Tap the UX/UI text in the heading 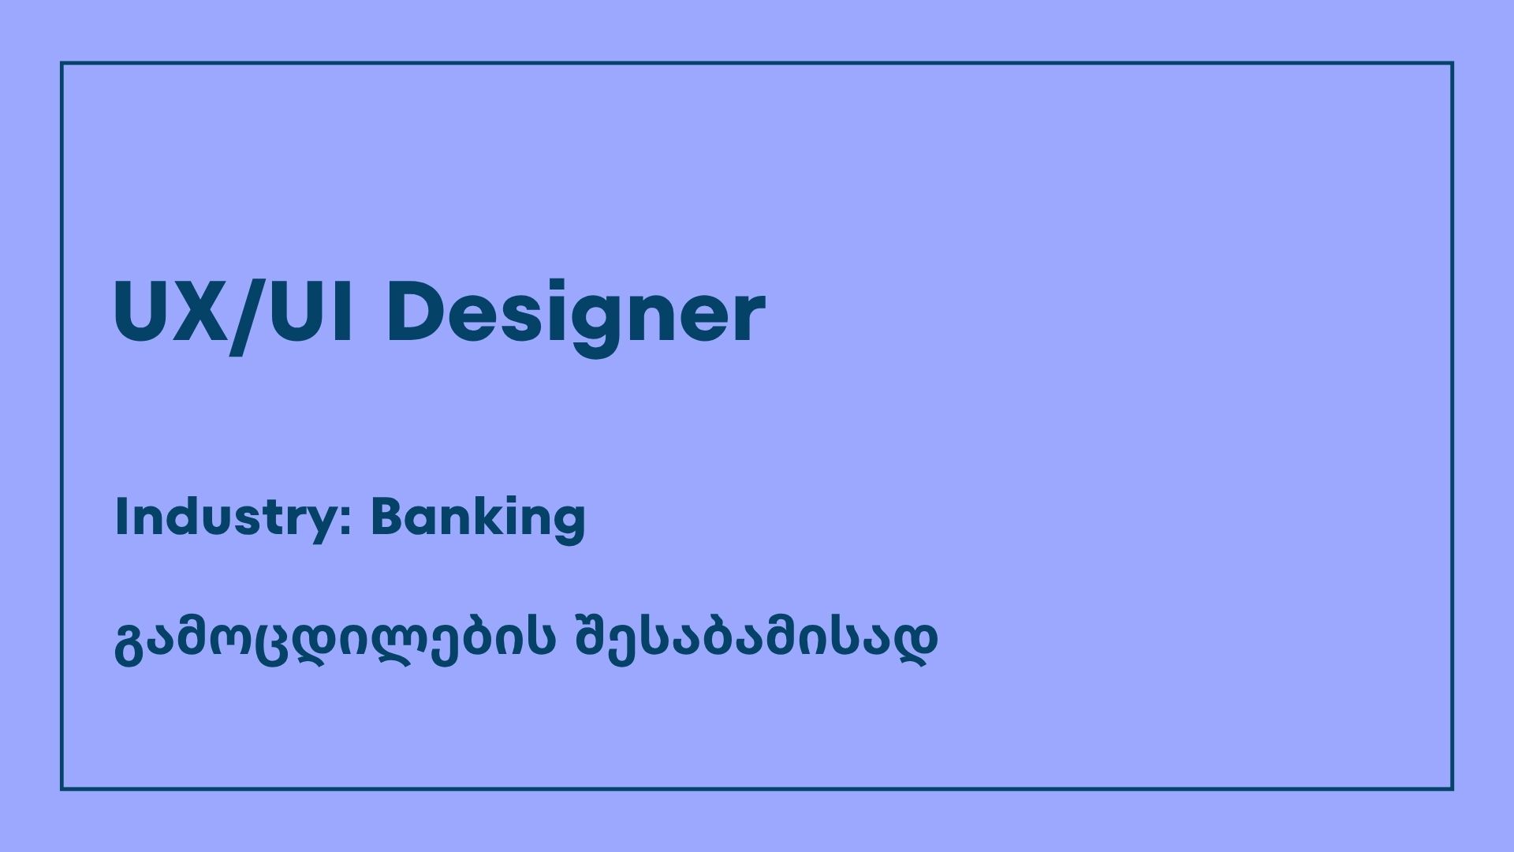[233, 314]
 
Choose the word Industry [225, 519]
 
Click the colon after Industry [345, 523]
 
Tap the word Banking [478, 519]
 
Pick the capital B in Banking [387, 517]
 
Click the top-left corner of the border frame [62, 63]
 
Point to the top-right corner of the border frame [1452, 63]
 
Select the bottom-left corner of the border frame [62, 789]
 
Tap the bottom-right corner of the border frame [1452, 789]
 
